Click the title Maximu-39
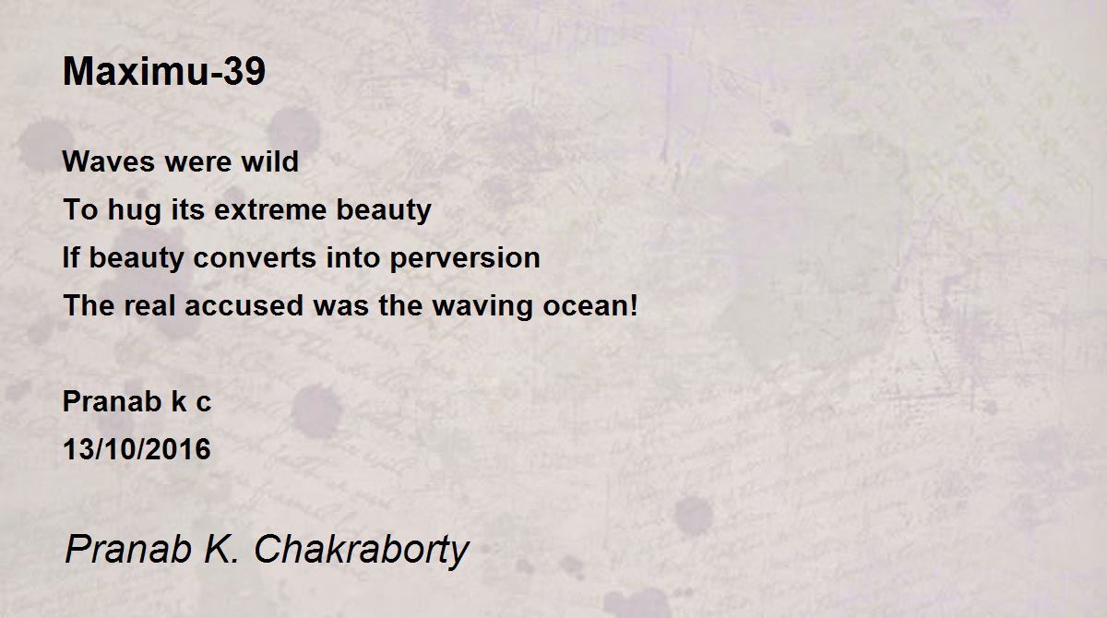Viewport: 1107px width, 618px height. click(x=164, y=72)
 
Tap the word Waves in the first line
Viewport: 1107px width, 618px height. click(x=109, y=161)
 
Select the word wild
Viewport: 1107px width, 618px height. click(x=269, y=160)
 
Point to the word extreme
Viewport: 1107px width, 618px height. click(x=270, y=210)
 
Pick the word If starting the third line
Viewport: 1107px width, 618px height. click(x=71, y=257)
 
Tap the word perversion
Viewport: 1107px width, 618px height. click(x=465, y=259)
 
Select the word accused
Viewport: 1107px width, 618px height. click(x=244, y=306)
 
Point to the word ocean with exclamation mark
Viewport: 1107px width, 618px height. click(x=590, y=306)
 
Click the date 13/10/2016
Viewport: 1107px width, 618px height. click(x=137, y=449)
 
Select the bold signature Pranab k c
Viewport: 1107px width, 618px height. click(x=137, y=401)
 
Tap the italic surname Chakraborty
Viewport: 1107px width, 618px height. click(x=362, y=551)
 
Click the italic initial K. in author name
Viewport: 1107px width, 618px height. click(x=221, y=549)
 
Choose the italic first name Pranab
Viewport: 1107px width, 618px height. click(x=128, y=549)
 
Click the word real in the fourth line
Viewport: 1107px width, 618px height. click(x=149, y=306)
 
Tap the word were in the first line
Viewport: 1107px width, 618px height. click(x=197, y=162)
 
